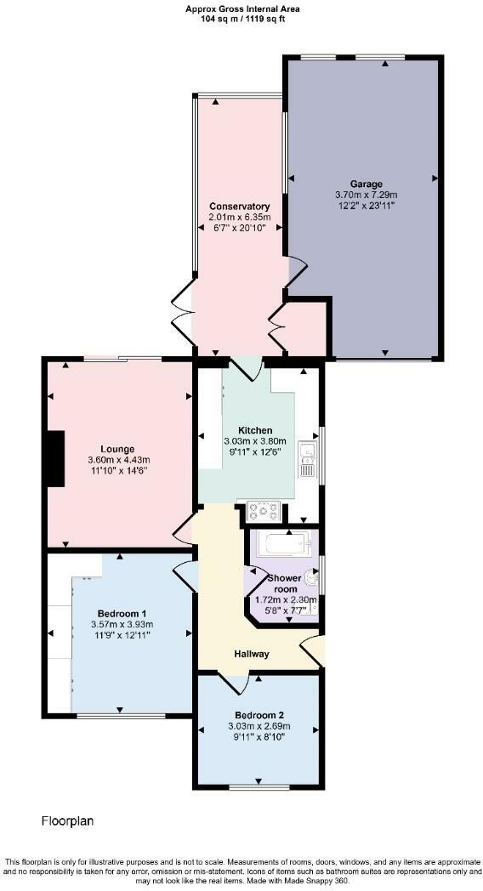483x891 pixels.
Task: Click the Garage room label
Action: click(x=367, y=184)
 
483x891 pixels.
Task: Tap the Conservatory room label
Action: click(x=240, y=207)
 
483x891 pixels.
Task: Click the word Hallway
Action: click(x=253, y=654)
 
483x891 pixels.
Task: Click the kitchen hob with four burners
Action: click(x=263, y=511)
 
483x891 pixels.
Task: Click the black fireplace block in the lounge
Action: click(x=56, y=459)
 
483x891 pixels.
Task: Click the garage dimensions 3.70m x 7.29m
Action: click(x=367, y=195)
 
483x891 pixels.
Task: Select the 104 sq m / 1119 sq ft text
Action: click(x=242, y=18)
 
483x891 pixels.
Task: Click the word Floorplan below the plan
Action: click(x=67, y=821)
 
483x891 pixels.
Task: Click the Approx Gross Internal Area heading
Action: click(x=242, y=9)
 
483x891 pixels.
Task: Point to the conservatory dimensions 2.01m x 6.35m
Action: click(x=240, y=218)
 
